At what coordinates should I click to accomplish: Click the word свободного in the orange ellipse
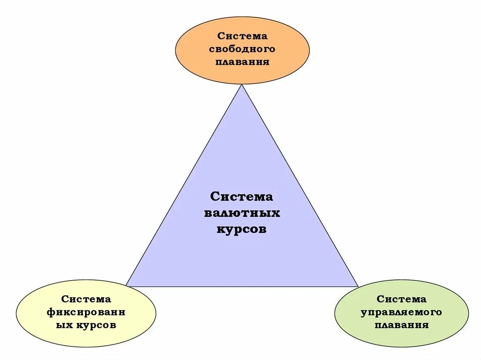tap(242, 49)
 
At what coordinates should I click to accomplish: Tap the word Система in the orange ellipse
tap(242, 36)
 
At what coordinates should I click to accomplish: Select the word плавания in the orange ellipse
tap(242, 61)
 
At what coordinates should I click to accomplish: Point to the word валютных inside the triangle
tap(242, 213)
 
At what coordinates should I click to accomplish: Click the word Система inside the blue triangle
tap(241, 196)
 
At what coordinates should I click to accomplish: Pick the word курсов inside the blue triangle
tap(241, 229)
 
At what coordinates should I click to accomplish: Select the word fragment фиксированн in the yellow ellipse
tap(86, 312)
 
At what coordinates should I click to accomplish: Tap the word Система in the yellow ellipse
tap(86, 299)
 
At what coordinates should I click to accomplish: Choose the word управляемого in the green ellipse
tap(402, 312)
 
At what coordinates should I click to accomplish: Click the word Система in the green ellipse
tap(402, 299)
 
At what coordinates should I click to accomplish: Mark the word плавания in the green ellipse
tap(402, 325)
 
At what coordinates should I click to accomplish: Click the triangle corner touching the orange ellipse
tap(242, 85)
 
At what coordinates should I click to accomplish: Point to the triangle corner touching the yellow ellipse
tap(127, 285)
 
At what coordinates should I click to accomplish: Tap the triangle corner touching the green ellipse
tap(357, 285)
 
